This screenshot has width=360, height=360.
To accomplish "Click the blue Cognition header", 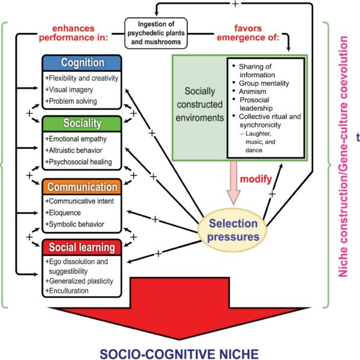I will (82, 63).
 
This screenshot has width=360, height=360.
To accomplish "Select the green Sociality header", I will (82, 123).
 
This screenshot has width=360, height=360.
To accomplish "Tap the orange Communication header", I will (82, 186).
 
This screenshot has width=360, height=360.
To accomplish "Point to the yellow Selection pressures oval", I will (232, 229).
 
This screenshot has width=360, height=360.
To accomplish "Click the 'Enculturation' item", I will (69, 291).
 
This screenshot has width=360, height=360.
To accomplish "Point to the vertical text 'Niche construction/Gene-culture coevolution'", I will (344, 157).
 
